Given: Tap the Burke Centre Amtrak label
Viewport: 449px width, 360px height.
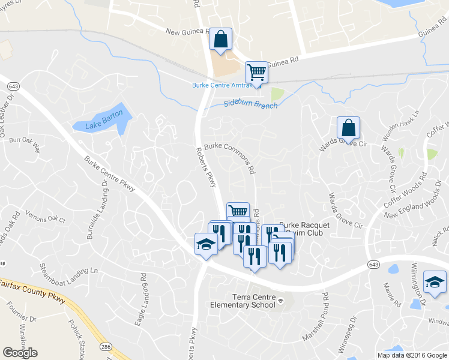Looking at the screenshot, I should (218, 85).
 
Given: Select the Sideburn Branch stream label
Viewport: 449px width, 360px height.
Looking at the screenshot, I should (250, 103).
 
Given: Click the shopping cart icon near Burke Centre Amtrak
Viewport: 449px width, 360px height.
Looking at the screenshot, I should (256, 72).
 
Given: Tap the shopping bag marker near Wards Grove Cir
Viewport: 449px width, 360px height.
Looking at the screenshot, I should (348, 127).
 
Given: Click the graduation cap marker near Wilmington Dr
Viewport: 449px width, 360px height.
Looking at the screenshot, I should (435, 281).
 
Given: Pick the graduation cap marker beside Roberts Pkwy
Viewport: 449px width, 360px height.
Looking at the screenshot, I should (205, 244).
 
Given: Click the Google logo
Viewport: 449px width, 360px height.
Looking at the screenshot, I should (20, 353).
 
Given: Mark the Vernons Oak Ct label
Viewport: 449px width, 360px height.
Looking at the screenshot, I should (44, 217).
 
